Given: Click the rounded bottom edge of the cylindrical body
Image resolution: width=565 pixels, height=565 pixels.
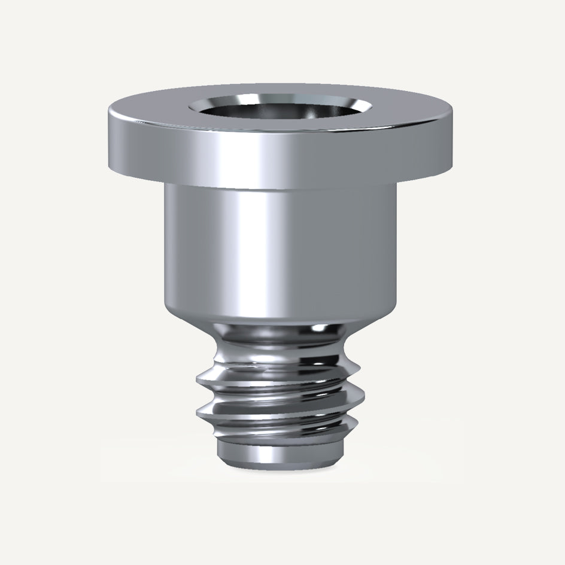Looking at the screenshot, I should coord(281,314).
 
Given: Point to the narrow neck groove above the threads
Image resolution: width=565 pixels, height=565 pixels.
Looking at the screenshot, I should coord(281,335).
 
